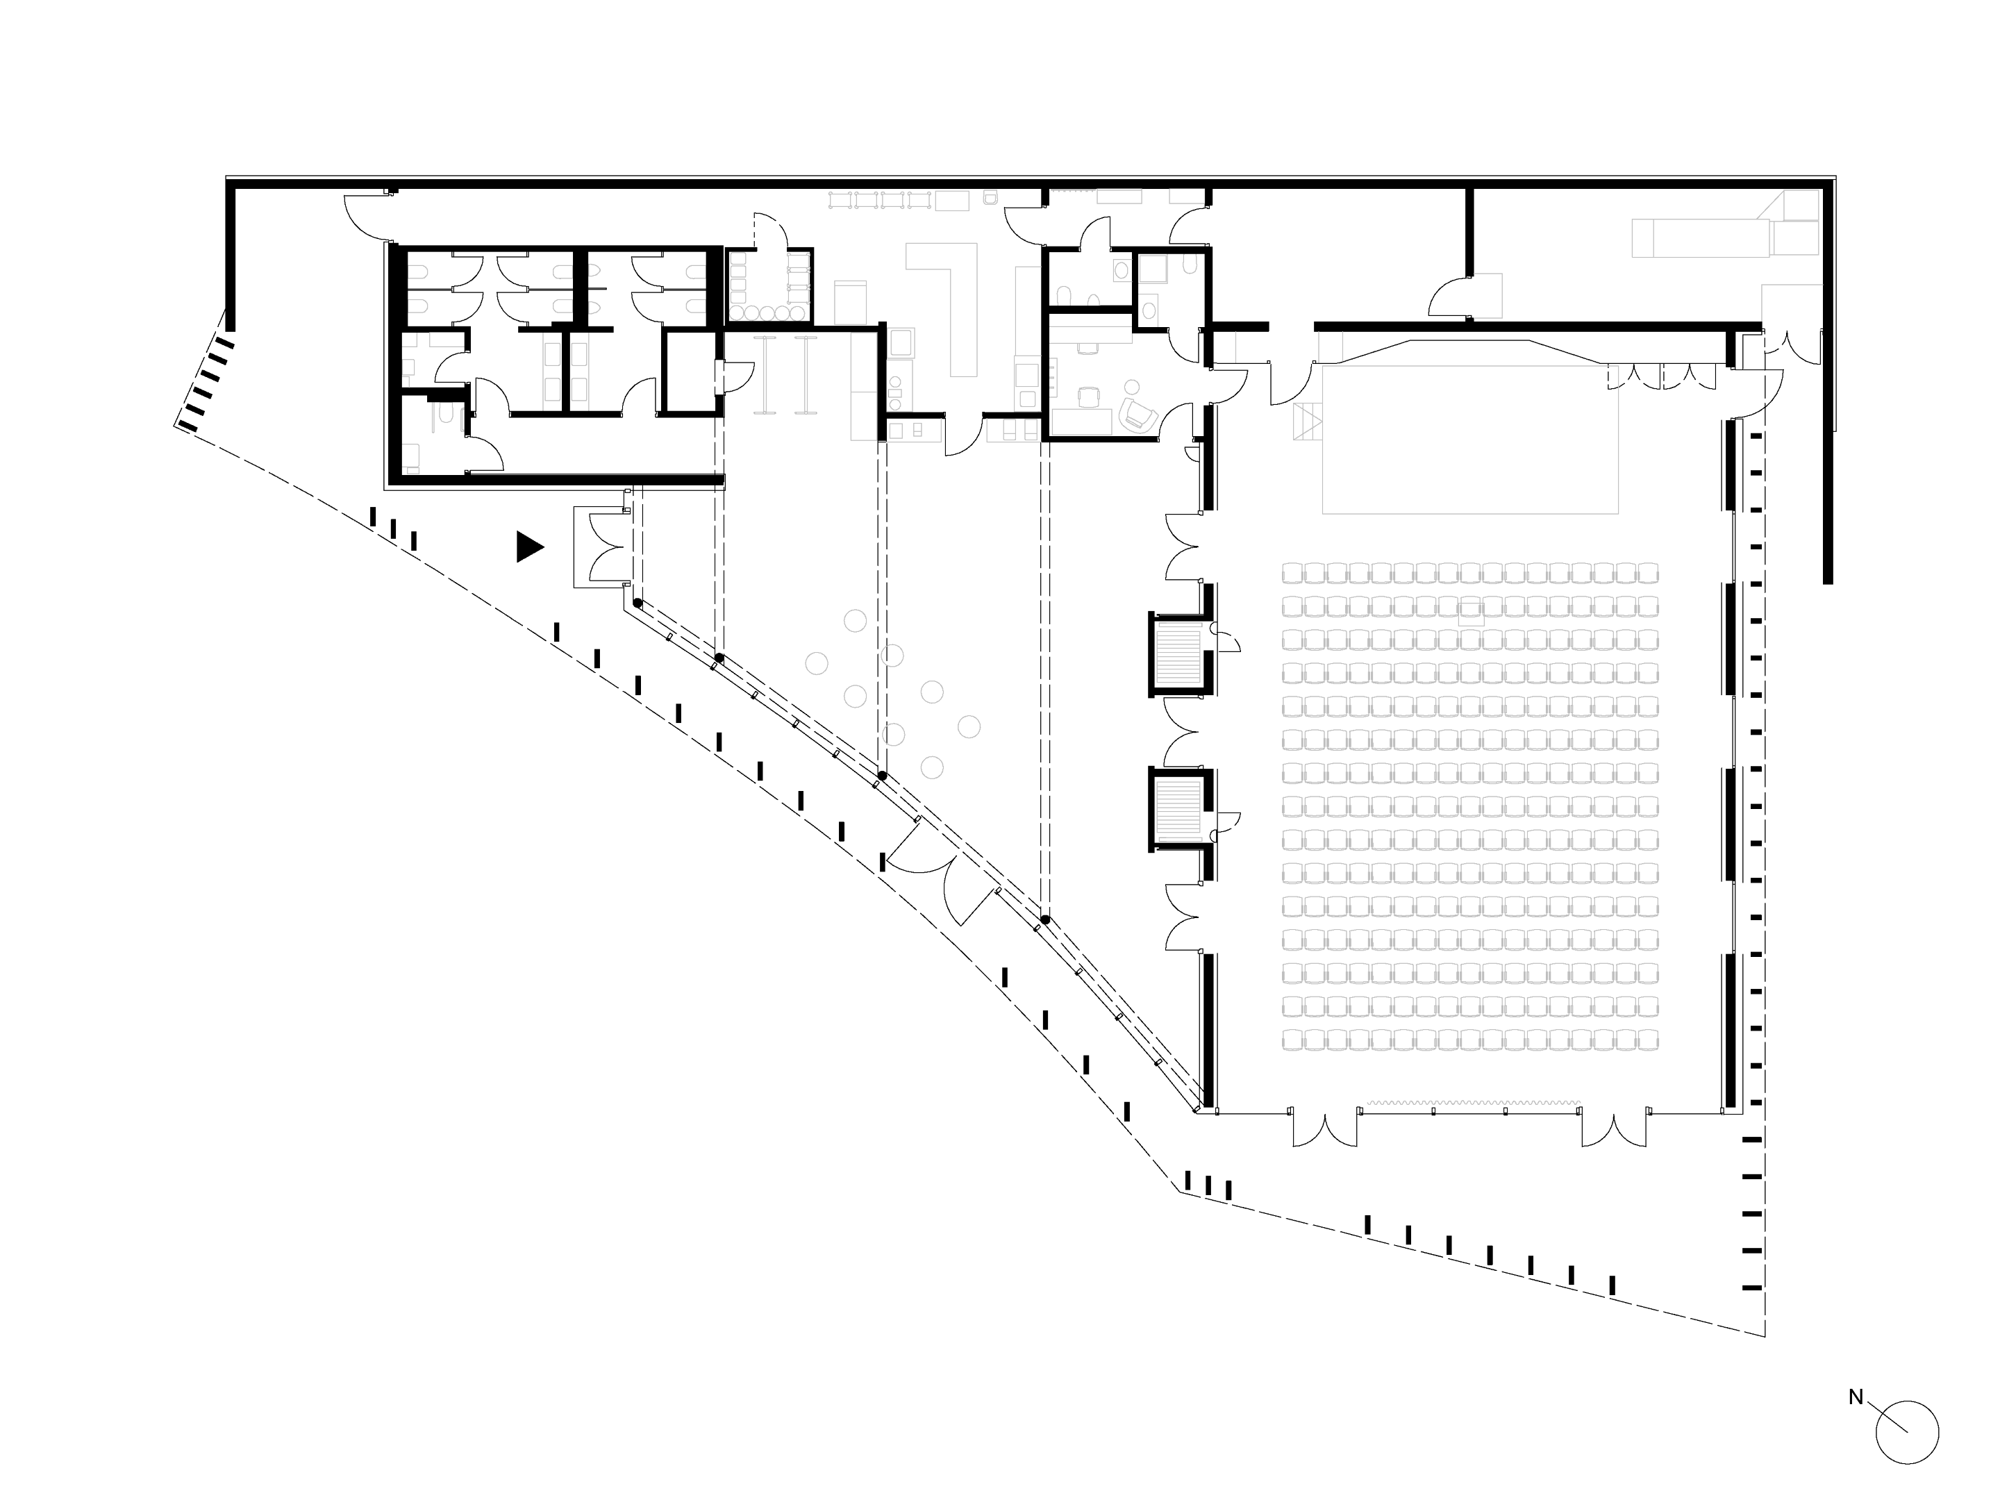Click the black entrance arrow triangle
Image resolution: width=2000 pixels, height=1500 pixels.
[528, 547]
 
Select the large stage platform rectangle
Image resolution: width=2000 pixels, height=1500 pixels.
[1469, 440]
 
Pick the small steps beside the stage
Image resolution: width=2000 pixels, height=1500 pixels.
[1308, 423]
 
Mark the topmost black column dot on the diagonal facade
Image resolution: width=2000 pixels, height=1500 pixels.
[637, 603]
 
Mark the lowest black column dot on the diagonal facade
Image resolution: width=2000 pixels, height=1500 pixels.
[1044, 920]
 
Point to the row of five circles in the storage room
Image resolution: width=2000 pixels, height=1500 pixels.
[769, 312]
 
